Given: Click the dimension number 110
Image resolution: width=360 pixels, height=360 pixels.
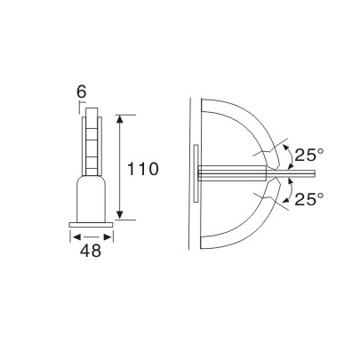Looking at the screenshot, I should (x=141, y=168).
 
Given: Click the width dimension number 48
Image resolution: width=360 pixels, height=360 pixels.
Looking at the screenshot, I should (x=91, y=251).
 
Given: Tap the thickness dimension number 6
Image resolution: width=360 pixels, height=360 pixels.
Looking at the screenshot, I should (x=82, y=92).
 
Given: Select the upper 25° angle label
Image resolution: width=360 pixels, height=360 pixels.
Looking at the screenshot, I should (x=310, y=156).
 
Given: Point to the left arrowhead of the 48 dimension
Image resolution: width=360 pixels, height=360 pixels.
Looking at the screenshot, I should (x=74, y=236).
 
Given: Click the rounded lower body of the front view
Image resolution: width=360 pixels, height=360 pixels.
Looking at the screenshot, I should (x=92, y=197).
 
